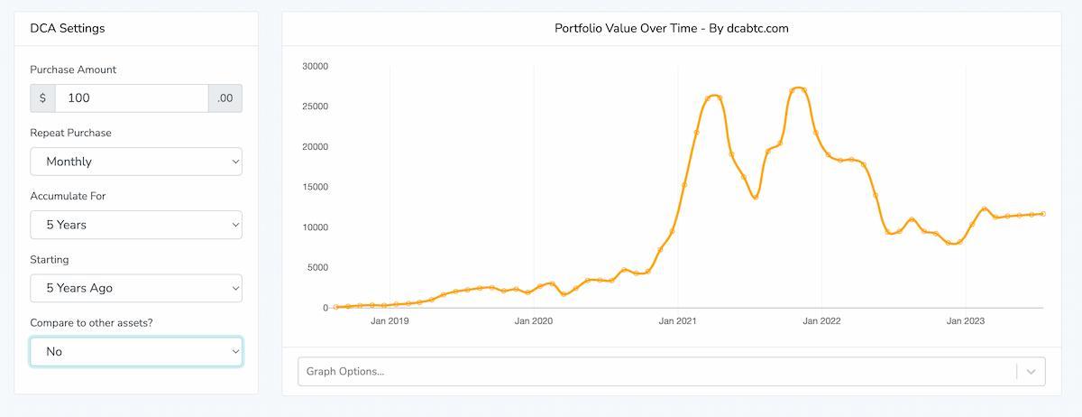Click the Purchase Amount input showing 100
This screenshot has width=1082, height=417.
pos(132,98)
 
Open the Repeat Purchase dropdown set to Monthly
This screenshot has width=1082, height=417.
pos(136,162)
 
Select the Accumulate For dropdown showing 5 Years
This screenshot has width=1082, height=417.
pos(136,225)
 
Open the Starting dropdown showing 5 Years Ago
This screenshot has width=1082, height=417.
pos(136,288)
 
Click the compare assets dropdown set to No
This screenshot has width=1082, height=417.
pos(136,351)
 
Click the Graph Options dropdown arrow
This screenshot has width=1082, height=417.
pos(1032,372)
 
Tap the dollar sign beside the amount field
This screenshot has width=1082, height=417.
pos(42,98)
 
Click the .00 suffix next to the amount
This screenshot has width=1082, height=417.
pos(225,98)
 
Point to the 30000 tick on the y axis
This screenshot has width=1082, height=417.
pos(316,66)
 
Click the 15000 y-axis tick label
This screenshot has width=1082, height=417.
pos(316,187)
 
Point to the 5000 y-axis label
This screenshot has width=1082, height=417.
pos(318,268)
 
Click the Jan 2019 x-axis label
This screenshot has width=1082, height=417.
pos(390,320)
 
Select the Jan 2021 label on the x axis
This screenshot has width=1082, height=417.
pos(678,320)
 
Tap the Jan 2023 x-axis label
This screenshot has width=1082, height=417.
pos(966,320)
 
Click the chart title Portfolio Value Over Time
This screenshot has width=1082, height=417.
pos(671,28)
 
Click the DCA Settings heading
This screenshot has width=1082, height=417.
pos(68,28)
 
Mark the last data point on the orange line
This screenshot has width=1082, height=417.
pos(1043,214)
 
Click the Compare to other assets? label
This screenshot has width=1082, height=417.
pos(91,322)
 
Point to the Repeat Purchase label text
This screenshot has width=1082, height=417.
pos(70,133)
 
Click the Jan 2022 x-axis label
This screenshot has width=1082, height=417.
pos(821,320)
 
